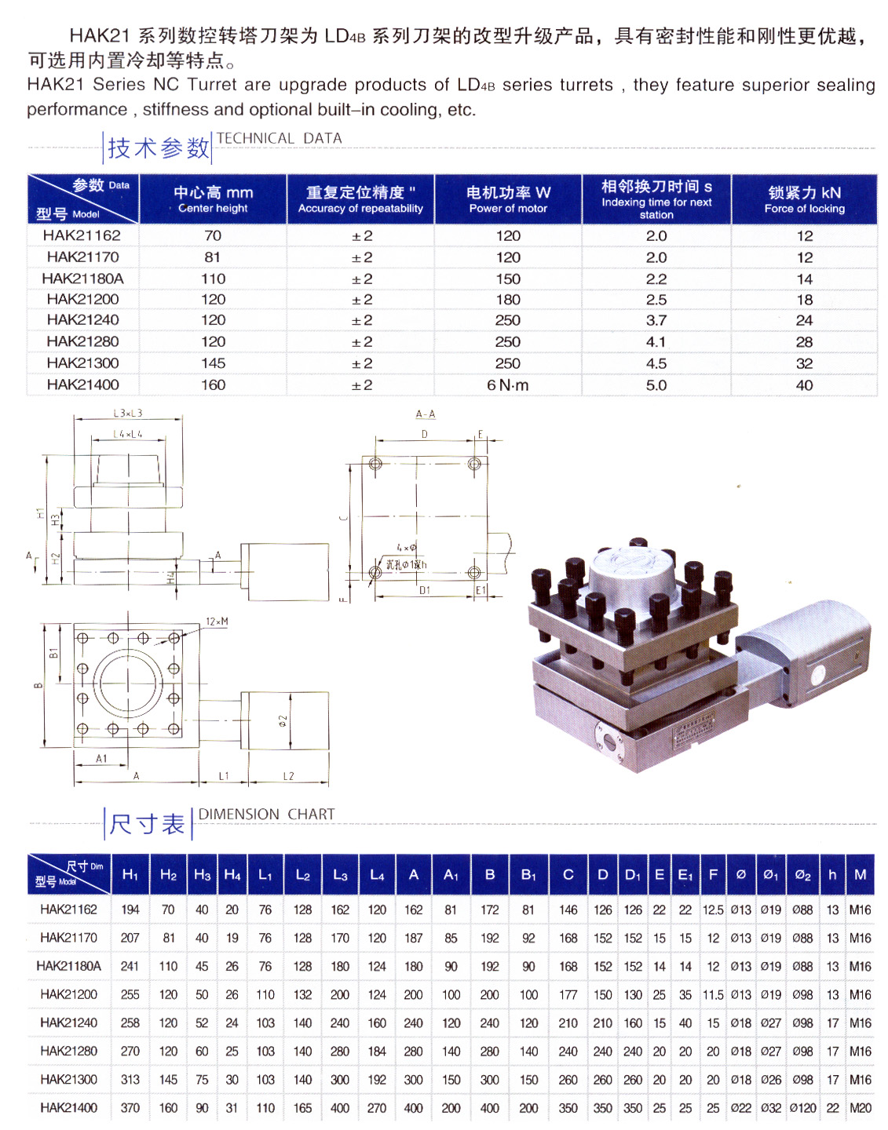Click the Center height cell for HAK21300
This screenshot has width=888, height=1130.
[213, 363]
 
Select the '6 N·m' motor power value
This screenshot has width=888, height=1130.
[508, 385]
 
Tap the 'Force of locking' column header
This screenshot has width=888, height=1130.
[804, 199]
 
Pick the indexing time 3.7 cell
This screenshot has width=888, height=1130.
[656, 320]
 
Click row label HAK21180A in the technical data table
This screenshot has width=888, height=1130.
[82, 279]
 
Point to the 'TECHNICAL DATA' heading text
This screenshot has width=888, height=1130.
[280, 138]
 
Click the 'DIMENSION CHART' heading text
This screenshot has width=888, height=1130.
[266, 815]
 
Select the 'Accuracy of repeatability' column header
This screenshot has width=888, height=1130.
[360, 199]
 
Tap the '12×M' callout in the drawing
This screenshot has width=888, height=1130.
[217, 621]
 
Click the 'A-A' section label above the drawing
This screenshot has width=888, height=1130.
[426, 414]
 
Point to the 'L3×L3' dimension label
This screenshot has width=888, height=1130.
[128, 414]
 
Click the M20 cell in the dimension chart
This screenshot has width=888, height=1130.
[861, 1108]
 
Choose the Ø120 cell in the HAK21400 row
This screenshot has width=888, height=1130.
[802, 1108]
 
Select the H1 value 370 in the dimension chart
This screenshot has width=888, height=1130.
[130, 1108]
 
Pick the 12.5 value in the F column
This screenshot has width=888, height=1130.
[713, 909]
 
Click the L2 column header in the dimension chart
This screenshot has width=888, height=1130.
[302, 875]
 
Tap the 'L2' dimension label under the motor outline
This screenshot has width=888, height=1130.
[288, 776]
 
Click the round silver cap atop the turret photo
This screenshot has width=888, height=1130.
[632, 565]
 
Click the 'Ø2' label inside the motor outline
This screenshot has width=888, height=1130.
[283, 720]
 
